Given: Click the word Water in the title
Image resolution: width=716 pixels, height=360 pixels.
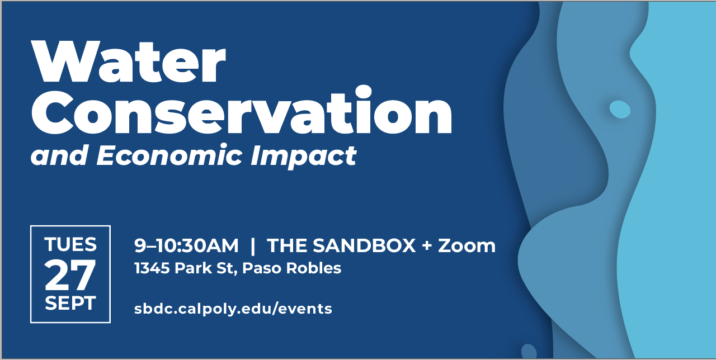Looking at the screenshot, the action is (129, 61).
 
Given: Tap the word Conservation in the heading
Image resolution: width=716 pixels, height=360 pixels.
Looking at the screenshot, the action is (241, 111).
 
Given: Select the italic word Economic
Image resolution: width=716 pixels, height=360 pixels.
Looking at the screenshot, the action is (169, 155).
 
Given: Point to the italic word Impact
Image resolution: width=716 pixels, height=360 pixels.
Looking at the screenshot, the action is (303, 157).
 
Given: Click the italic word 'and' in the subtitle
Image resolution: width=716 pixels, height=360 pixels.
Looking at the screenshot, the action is (59, 155).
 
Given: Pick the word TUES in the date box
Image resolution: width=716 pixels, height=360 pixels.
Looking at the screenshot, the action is (70, 245).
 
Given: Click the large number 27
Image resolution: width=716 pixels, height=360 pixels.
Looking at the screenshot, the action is (70, 274).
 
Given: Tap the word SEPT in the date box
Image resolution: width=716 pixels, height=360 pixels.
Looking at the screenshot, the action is (70, 303).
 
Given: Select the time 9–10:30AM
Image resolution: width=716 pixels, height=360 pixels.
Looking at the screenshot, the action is (186, 245).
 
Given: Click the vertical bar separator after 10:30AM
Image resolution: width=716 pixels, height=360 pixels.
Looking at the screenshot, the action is (253, 245).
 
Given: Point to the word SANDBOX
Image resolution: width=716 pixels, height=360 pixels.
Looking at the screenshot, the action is (364, 245).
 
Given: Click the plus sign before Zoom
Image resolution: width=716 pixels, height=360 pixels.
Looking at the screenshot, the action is (427, 246).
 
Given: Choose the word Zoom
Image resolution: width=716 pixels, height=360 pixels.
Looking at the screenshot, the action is (467, 245).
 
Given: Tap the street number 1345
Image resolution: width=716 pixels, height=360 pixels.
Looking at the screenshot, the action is (152, 268).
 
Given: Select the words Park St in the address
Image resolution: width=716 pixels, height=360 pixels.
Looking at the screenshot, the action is (206, 268).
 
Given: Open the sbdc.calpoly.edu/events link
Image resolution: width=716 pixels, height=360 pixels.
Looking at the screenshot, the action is (233, 309).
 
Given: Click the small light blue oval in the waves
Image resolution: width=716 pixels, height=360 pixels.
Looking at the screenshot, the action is (620, 110).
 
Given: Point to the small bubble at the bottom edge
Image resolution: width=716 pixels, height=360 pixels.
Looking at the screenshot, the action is (529, 352).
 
